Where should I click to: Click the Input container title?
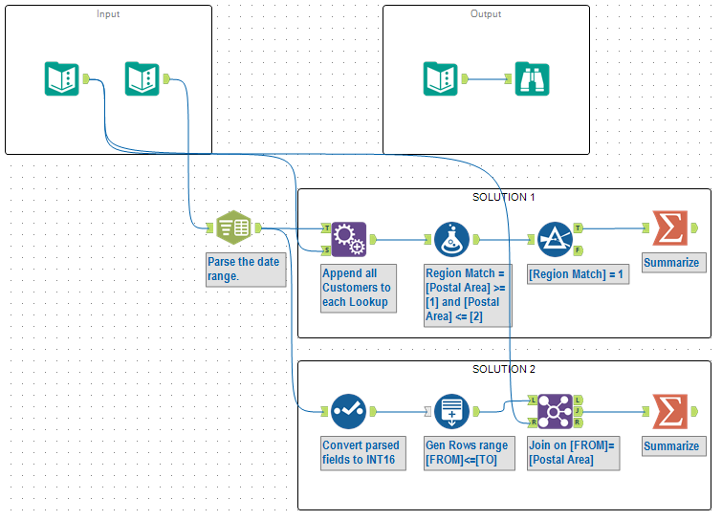click(108, 14)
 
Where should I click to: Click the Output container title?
click(486, 14)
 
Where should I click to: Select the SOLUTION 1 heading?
click(504, 197)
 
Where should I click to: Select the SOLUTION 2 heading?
click(504, 369)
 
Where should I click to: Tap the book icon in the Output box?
click(441, 78)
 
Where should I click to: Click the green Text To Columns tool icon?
click(233, 227)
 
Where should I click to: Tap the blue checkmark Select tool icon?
click(349, 411)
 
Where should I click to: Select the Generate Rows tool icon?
click(451, 411)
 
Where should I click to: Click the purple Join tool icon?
click(555, 411)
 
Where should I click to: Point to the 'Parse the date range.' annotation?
click(246, 270)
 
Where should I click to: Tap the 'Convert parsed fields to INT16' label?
click(362, 453)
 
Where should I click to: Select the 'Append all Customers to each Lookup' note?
click(362, 287)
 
